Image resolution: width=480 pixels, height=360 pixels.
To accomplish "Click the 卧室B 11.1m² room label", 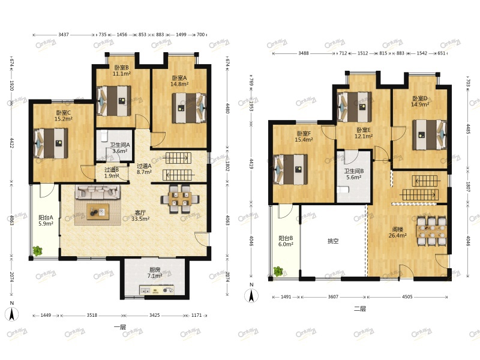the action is pyautogui.click(x=122, y=70).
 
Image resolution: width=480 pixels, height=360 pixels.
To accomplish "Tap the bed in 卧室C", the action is pyautogui.click(x=51, y=143).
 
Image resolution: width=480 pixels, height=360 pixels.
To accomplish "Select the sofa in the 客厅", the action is pyautogui.click(x=98, y=192).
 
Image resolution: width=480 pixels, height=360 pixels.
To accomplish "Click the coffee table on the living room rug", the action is pyautogui.click(x=98, y=212).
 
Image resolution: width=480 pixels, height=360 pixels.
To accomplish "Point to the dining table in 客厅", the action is pyautogui.click(x=180, y=199).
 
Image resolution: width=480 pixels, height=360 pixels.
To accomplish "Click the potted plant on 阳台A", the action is pyautogui.click(x=37, y=251).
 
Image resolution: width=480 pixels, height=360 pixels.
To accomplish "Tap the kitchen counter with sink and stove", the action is pyautogui.click(x=157, y=290).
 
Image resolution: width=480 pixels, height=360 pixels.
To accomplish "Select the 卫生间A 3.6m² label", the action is pyautogui.click(x=120, y=148).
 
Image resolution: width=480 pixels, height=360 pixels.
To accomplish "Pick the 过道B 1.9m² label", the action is pyautogui.click(x=112, y=173).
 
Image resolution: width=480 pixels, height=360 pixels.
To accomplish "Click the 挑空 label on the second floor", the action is pyautogui.click(x=333, y=241).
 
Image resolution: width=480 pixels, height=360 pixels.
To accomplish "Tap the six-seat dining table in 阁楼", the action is pyautogui.click(x=431, y=231).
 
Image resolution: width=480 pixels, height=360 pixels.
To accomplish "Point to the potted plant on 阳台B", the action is pyautogui.click(x=278, y=271).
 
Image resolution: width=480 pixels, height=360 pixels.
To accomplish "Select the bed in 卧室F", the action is pyautogui.click(x=290, y=170).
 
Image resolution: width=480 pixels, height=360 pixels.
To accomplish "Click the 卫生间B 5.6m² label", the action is pyautogui.click(x=354, y=174).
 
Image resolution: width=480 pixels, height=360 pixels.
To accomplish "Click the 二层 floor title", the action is pyautogui.click(x=359, y=309).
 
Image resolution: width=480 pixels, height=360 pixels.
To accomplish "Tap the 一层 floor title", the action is pyautogui.click(x=119, y=327).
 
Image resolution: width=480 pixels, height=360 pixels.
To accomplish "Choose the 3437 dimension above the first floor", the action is pyautogui.click(x=64, y=35).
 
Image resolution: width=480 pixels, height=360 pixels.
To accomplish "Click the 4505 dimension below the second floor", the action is pyautogui.click(x=407, y=296).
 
